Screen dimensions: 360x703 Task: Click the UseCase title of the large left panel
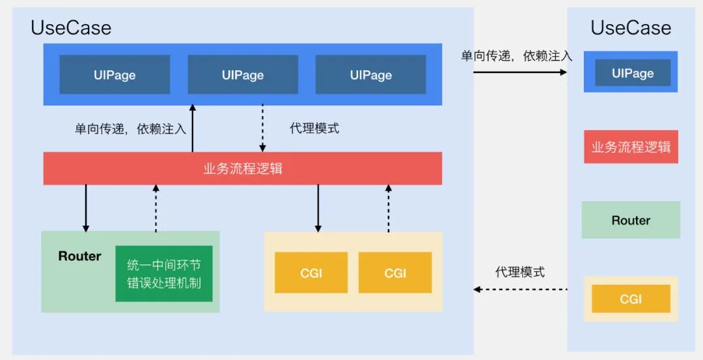tap(71, 28)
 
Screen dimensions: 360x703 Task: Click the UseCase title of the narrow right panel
tap(630, 28)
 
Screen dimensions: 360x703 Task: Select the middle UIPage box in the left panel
tap(243, 75)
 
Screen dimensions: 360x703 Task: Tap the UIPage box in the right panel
tap(632, 73)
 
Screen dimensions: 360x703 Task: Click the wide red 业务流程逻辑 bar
tap(243, 169)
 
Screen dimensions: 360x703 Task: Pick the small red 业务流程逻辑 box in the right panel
tap(631, 146)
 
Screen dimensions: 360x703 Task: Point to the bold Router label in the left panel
tap(79, 256)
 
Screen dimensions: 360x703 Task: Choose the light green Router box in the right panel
tap(631, 220)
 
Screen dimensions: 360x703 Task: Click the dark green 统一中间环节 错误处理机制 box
tap(164, 273)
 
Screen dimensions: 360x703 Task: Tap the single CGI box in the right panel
tap(631, 299)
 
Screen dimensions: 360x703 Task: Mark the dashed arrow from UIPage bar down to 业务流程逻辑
tap(263, 128)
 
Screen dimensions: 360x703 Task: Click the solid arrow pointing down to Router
tap(86, 208)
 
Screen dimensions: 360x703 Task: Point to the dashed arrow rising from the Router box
tap(156, 208)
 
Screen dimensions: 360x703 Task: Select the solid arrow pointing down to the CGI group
tap(318, 208)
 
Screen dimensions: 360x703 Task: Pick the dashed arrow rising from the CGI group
tap(389, 208)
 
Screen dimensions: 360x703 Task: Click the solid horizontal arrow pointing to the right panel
tap(520, 72)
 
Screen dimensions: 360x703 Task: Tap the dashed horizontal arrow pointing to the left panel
tap(520, 289)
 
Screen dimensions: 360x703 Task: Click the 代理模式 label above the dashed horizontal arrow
tap(519, 272)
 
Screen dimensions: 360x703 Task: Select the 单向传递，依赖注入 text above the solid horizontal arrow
tap(517, 56)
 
